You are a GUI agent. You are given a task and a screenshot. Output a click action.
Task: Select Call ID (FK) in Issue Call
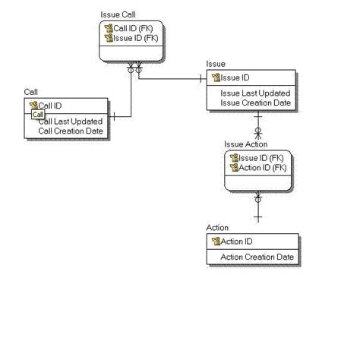[135, 27]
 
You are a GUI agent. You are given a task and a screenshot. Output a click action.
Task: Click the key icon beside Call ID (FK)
[109, 27]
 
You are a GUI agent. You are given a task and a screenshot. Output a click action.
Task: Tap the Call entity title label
[31, 91]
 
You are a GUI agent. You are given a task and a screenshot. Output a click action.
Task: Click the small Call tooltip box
[38, 114]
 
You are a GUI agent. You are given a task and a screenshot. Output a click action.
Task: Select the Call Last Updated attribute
[71, 122]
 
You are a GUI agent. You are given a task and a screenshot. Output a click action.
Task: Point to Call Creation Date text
[71, 131]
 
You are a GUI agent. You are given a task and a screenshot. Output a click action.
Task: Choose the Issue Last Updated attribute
[255, 93]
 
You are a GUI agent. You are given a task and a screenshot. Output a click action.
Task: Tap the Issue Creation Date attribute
[256, 103]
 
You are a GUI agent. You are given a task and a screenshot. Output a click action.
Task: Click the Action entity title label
[217, 228]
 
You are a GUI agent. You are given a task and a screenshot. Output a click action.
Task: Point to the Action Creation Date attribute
[257, 257]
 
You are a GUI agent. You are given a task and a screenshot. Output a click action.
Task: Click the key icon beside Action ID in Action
[215, 242]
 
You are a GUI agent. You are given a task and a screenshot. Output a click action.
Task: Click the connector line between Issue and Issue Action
[258, 122]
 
